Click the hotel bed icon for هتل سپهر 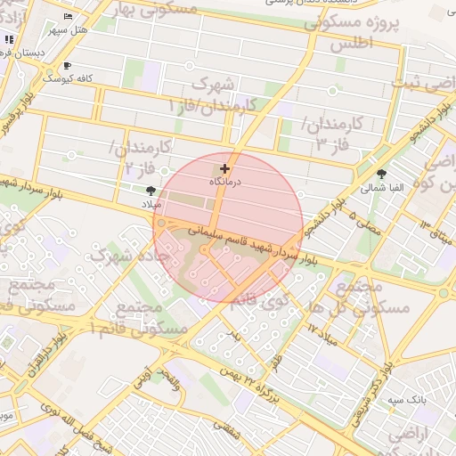[x=69, y=17]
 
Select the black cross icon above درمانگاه [x=224, y=168]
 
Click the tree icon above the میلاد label [x=150, y=191]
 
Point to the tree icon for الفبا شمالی [x=382, y=175]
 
